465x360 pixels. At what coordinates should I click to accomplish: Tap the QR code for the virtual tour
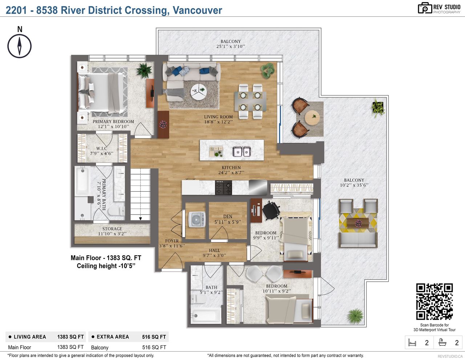[x=434, y=301]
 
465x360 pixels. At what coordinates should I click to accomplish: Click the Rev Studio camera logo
[x=425, y=8]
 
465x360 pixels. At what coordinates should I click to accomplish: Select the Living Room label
[x=218, y=119]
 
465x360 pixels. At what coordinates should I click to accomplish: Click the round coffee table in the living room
[x=199, y=91]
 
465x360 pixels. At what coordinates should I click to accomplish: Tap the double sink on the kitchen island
[x=242, y=151]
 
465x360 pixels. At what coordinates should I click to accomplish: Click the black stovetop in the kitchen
[x=223, y=187]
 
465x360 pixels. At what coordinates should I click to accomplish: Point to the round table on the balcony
[x=312, y=117]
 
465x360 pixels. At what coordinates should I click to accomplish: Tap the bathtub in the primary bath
[x=82, y=181]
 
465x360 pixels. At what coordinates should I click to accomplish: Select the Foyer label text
[x=172, y=241]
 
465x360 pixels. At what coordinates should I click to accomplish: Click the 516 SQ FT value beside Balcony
[x=154, y=347]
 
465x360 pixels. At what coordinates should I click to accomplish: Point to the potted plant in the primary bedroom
[x=144, y=70]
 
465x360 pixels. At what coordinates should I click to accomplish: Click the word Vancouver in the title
[x=197, y=10]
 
